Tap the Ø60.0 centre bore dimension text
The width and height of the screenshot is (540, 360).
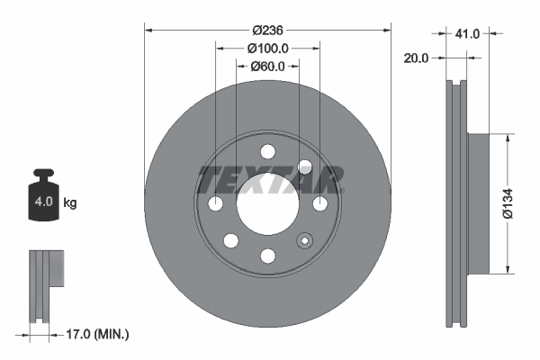click(x=267, y=66)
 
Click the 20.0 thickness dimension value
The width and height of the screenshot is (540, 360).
click(x=417, y=58)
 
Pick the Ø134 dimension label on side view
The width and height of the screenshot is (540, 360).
click(x=509, y=203)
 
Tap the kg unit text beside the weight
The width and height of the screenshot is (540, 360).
click(x=70, y=203)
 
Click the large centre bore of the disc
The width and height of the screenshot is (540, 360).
click(x=267, y=203)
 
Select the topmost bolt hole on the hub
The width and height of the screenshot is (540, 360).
click(x=267, y=151)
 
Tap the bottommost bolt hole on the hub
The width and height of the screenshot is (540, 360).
click(x=267, y=256)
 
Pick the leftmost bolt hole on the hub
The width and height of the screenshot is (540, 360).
click(x=215, y=204)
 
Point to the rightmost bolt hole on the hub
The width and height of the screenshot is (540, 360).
click(x=320, y=204)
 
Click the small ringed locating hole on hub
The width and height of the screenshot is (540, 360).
click(x=304, y=240)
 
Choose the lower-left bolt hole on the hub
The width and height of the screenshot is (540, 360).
click(x=230, y=240)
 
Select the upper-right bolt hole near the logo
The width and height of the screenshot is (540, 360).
click(x=304, y=166)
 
